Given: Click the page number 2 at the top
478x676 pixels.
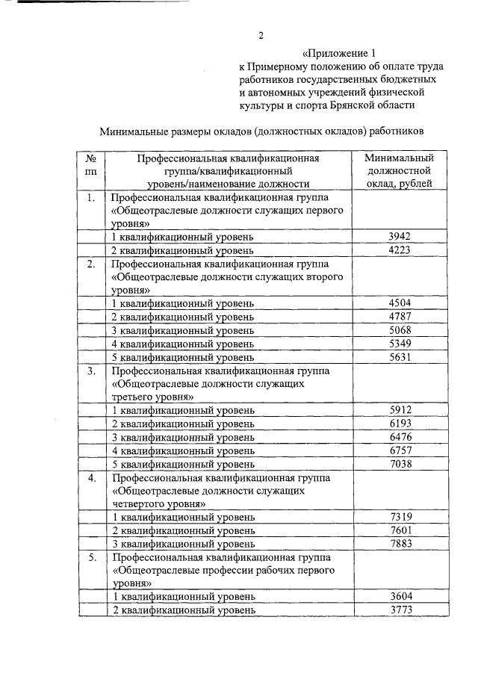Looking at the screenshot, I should click(x=261, y=35).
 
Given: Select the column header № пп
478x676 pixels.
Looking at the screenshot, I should click(x=90, y=170).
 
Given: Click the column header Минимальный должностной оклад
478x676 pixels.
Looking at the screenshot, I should click(x=399, y=171).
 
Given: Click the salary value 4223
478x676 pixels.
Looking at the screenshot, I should click(x=400, y=250).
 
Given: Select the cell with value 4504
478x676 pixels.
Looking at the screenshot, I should click(x=400, y=303).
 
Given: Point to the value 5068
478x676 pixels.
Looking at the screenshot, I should click(x=400, y=330).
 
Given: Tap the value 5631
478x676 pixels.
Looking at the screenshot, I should click(x=400, y=357).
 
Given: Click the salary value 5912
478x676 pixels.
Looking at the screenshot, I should click(x=400, y=410).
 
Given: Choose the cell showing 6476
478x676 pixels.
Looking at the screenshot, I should click(x=400, y=437).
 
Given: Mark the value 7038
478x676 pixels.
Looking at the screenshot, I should click(x=400, y=464).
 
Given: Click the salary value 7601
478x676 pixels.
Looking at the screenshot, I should click(x=400, y=530).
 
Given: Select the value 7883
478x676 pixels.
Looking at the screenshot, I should click(x=400, y=544).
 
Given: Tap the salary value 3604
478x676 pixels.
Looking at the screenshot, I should click(x=400, y=597).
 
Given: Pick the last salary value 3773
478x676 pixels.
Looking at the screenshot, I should click(x=400, y=610).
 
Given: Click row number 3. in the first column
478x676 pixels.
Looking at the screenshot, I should click(x=90, y=370).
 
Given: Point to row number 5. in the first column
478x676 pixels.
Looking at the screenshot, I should click(x=90, y=557).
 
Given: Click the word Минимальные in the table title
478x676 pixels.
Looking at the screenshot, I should click(x=134, y=131).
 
